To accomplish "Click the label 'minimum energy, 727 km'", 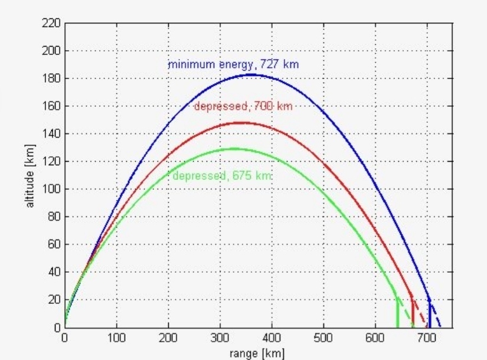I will (233, 64).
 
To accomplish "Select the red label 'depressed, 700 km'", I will (243, 106).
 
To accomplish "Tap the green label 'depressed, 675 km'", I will (223, 176).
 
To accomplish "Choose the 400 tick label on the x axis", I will (272, 338).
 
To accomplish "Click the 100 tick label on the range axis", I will (116, 338).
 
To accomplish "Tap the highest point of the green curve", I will (234, 148).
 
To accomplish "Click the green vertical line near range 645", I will (398, 313).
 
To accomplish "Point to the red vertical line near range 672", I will (412, 313).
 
